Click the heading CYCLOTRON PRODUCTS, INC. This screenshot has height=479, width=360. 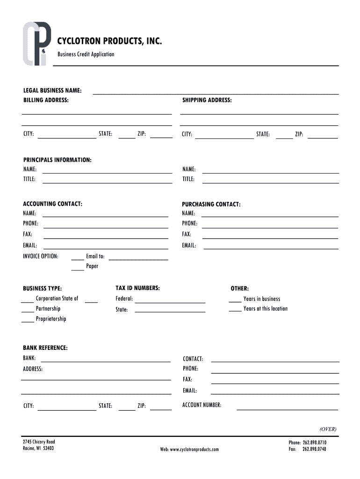(110, 42)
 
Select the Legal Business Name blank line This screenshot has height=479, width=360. (216, 93)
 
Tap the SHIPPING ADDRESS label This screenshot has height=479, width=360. (207, 101)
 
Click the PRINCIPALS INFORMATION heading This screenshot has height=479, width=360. (58, 160)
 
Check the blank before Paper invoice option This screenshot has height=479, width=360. (77, 269)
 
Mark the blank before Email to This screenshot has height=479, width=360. (77, 259)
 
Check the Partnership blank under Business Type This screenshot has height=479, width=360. (28, 311)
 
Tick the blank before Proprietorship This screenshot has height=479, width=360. (28, 321)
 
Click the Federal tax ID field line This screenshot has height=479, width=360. (170, 302)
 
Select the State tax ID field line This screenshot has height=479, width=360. (170, 311)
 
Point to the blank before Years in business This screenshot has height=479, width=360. (235, 301)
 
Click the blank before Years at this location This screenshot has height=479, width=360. (235, 311)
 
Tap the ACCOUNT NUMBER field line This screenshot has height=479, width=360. (287, 408)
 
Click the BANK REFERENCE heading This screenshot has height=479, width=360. (45, 348)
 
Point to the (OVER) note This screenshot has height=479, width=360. (328, 429)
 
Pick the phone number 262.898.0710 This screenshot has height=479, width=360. (314, 443)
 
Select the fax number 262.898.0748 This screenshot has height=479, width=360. (314, 450)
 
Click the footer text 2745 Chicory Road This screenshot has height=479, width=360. (39, 442)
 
